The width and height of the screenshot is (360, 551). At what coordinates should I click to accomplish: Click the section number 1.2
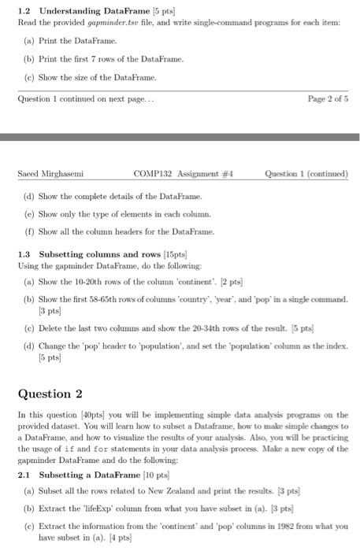[x=24, y=9]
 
